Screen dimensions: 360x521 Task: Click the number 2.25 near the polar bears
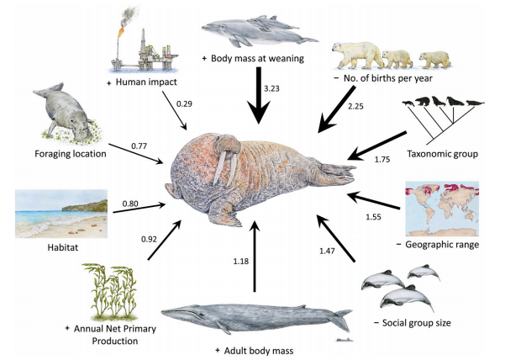pos(355,105)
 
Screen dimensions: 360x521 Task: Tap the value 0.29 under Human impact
pos(184,103)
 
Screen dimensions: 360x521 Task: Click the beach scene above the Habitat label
pos(61,214)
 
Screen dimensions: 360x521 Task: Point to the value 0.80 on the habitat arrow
pos(130,203)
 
